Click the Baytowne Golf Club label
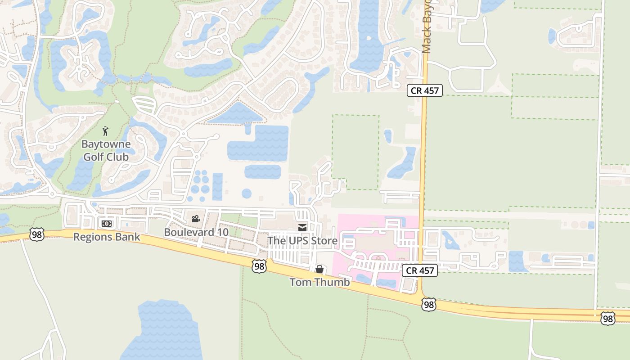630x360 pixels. point(106,151)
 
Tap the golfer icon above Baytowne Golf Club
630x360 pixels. point(105,131)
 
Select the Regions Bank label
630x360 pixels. point(107,237)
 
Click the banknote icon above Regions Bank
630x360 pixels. point(107,223)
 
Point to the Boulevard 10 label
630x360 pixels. point(196,232)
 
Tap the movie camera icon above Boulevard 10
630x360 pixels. point(196,219)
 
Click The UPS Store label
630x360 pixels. point(302,241)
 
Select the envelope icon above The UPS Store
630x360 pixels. point(302,228)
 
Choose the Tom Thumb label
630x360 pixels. point(319,282)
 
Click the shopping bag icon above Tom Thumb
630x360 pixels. point(319,270)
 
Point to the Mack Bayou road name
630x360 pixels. point(426,27)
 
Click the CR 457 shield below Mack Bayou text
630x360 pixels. point(425,90)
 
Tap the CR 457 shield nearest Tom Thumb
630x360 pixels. point(419,270)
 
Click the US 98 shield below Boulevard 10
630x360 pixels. point(259,266)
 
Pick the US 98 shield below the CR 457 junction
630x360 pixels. point(429,305)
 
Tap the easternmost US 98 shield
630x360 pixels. point(608,318)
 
